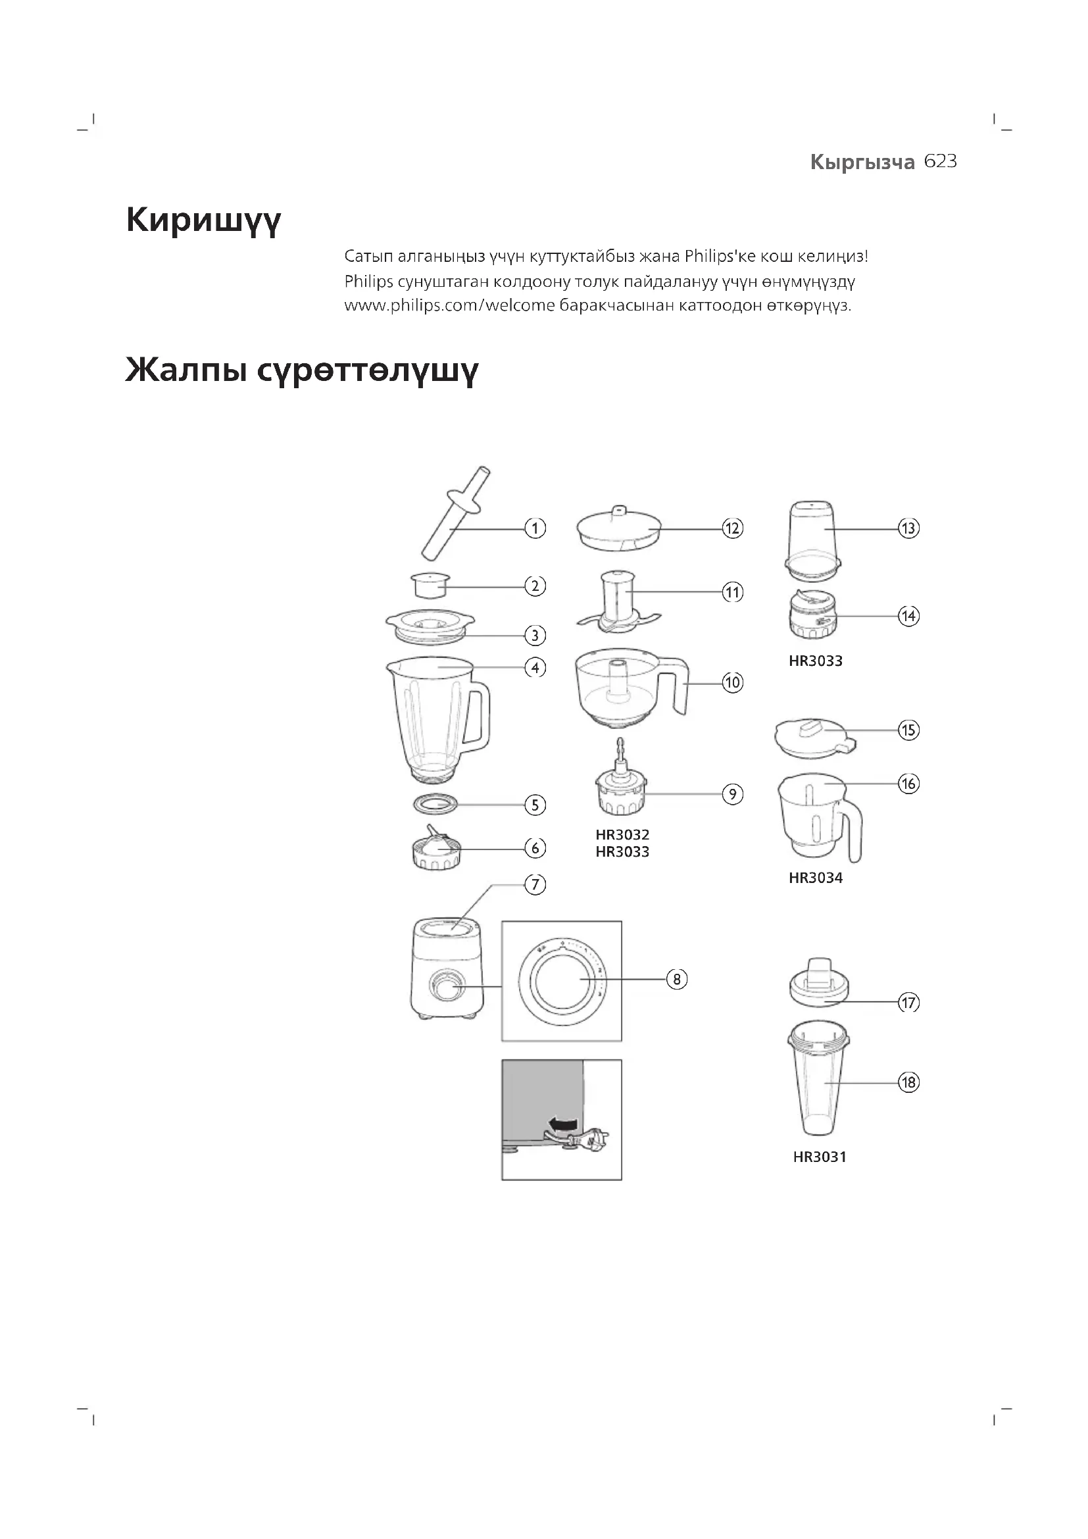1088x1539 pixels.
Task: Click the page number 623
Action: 940,162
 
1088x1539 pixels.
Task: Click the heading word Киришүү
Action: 203,220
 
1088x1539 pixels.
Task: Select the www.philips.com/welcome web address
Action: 449,307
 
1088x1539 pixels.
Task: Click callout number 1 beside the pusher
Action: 535,528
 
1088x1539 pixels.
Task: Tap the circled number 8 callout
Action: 677,979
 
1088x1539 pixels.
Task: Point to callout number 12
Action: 732,528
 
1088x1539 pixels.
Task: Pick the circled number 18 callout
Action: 908,1082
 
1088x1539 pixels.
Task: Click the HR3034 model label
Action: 815,878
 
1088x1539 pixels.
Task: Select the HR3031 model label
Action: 820,1157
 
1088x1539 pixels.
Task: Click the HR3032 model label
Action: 622,835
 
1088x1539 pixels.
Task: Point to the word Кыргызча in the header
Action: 862,163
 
